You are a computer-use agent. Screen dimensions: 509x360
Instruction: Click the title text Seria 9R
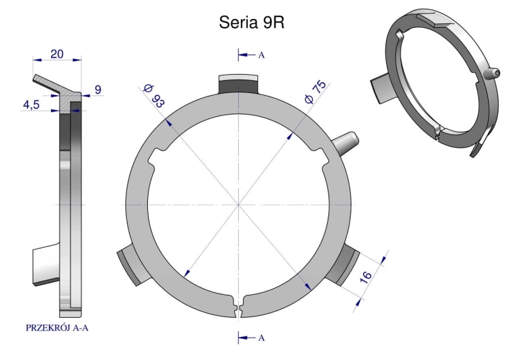tap(252, 22)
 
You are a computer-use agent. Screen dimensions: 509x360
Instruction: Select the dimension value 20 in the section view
tap(57, 54)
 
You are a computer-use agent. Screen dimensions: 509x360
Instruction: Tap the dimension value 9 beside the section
tap(98, 90)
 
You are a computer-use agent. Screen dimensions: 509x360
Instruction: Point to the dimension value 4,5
tap(31, 105)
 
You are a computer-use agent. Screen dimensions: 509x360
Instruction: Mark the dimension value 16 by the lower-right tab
tap(366, 277)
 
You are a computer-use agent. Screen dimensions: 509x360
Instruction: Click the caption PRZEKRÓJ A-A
tap(57, 328)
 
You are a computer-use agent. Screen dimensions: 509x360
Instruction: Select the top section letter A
tap(261, 55)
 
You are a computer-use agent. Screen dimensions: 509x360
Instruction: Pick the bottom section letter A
tap(261, 338)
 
